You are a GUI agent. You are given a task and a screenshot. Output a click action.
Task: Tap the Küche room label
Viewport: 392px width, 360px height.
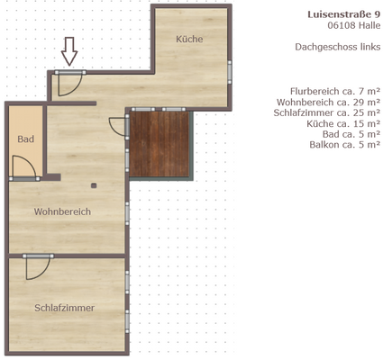pos(188,40)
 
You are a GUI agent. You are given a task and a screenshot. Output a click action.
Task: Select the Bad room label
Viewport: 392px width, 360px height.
pos(25,139)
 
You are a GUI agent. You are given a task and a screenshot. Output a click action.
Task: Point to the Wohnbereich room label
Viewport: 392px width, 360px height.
pos(62,212)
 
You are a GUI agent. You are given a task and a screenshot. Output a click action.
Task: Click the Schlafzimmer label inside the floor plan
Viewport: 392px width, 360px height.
pos(65,308)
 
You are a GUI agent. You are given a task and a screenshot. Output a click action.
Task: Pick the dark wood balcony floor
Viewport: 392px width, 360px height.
pos(161,144)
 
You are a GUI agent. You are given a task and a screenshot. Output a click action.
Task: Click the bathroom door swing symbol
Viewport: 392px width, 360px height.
pos(24,168)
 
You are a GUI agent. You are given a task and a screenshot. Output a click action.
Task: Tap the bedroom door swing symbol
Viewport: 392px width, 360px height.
pos(38,267)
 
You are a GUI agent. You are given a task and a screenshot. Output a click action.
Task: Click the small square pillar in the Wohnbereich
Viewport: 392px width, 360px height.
pos(94,184)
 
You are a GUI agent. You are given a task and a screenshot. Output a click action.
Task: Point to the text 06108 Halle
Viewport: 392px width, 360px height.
pos(354,27)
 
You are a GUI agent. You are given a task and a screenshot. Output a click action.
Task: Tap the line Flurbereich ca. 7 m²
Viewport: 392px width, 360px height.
pos(334,92)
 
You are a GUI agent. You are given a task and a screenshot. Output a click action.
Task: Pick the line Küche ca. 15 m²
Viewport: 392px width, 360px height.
pos(342,123)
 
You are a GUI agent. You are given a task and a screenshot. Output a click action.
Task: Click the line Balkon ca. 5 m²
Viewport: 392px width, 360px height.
pos(344,144)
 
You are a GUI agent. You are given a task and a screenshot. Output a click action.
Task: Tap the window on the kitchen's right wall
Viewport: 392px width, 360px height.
pos(230,71)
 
